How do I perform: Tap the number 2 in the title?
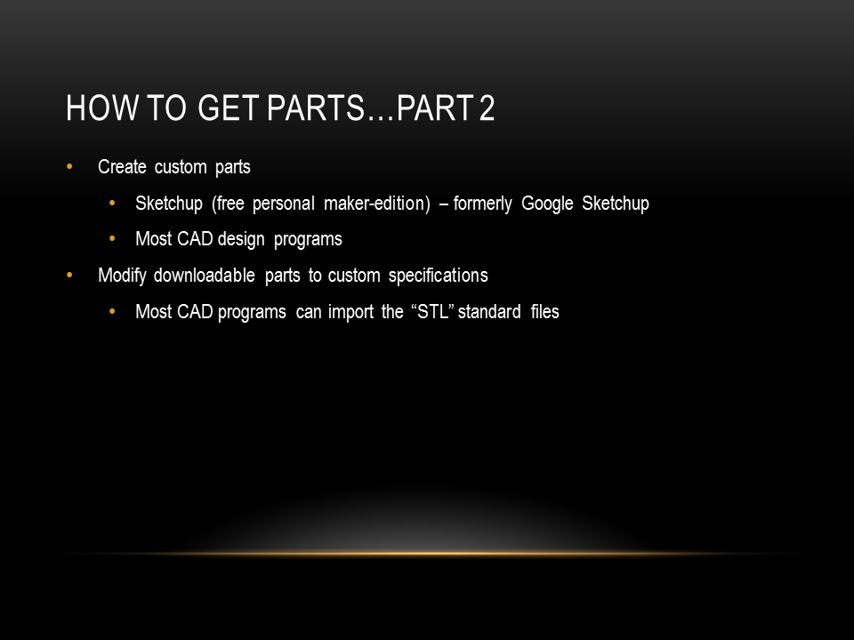487,108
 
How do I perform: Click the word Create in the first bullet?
122,166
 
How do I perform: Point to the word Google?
547,204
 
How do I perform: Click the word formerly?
482,204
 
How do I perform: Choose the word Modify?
122,276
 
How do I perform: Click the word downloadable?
205,276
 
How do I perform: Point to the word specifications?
438,276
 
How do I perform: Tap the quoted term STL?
433,311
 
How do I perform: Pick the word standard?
489,311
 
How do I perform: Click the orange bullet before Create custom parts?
69,166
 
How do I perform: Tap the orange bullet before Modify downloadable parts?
69,276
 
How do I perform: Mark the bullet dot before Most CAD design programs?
112,239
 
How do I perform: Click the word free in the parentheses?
230,203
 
